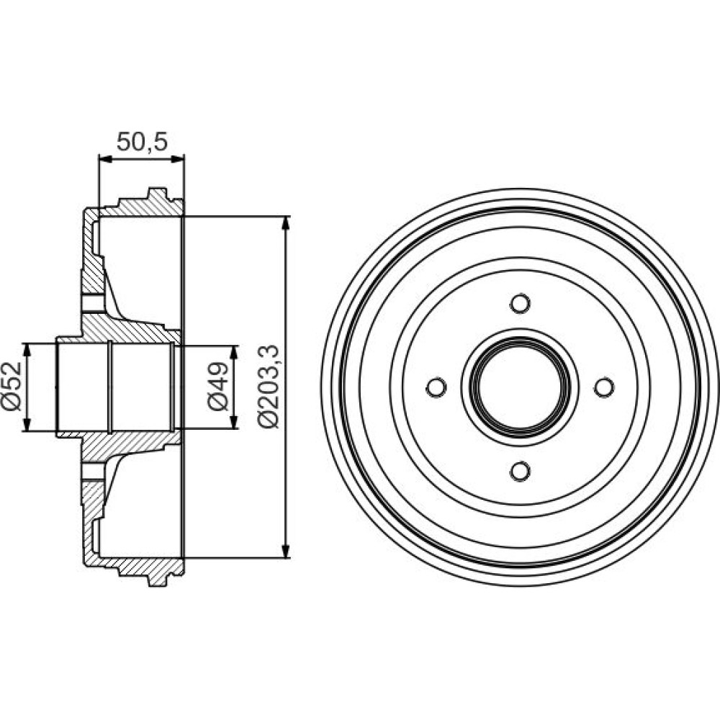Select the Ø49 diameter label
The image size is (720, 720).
click(217, 386)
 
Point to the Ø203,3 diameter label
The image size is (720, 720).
click(268, 386)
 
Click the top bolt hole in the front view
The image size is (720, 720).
click(521, 304)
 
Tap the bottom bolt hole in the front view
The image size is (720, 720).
click(521, 471)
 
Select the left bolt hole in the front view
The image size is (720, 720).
click(436, 387)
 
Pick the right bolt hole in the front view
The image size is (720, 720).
click(604, 387)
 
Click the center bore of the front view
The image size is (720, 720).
click(521, 387)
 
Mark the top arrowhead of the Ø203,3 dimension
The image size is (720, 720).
click(286, 222)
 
